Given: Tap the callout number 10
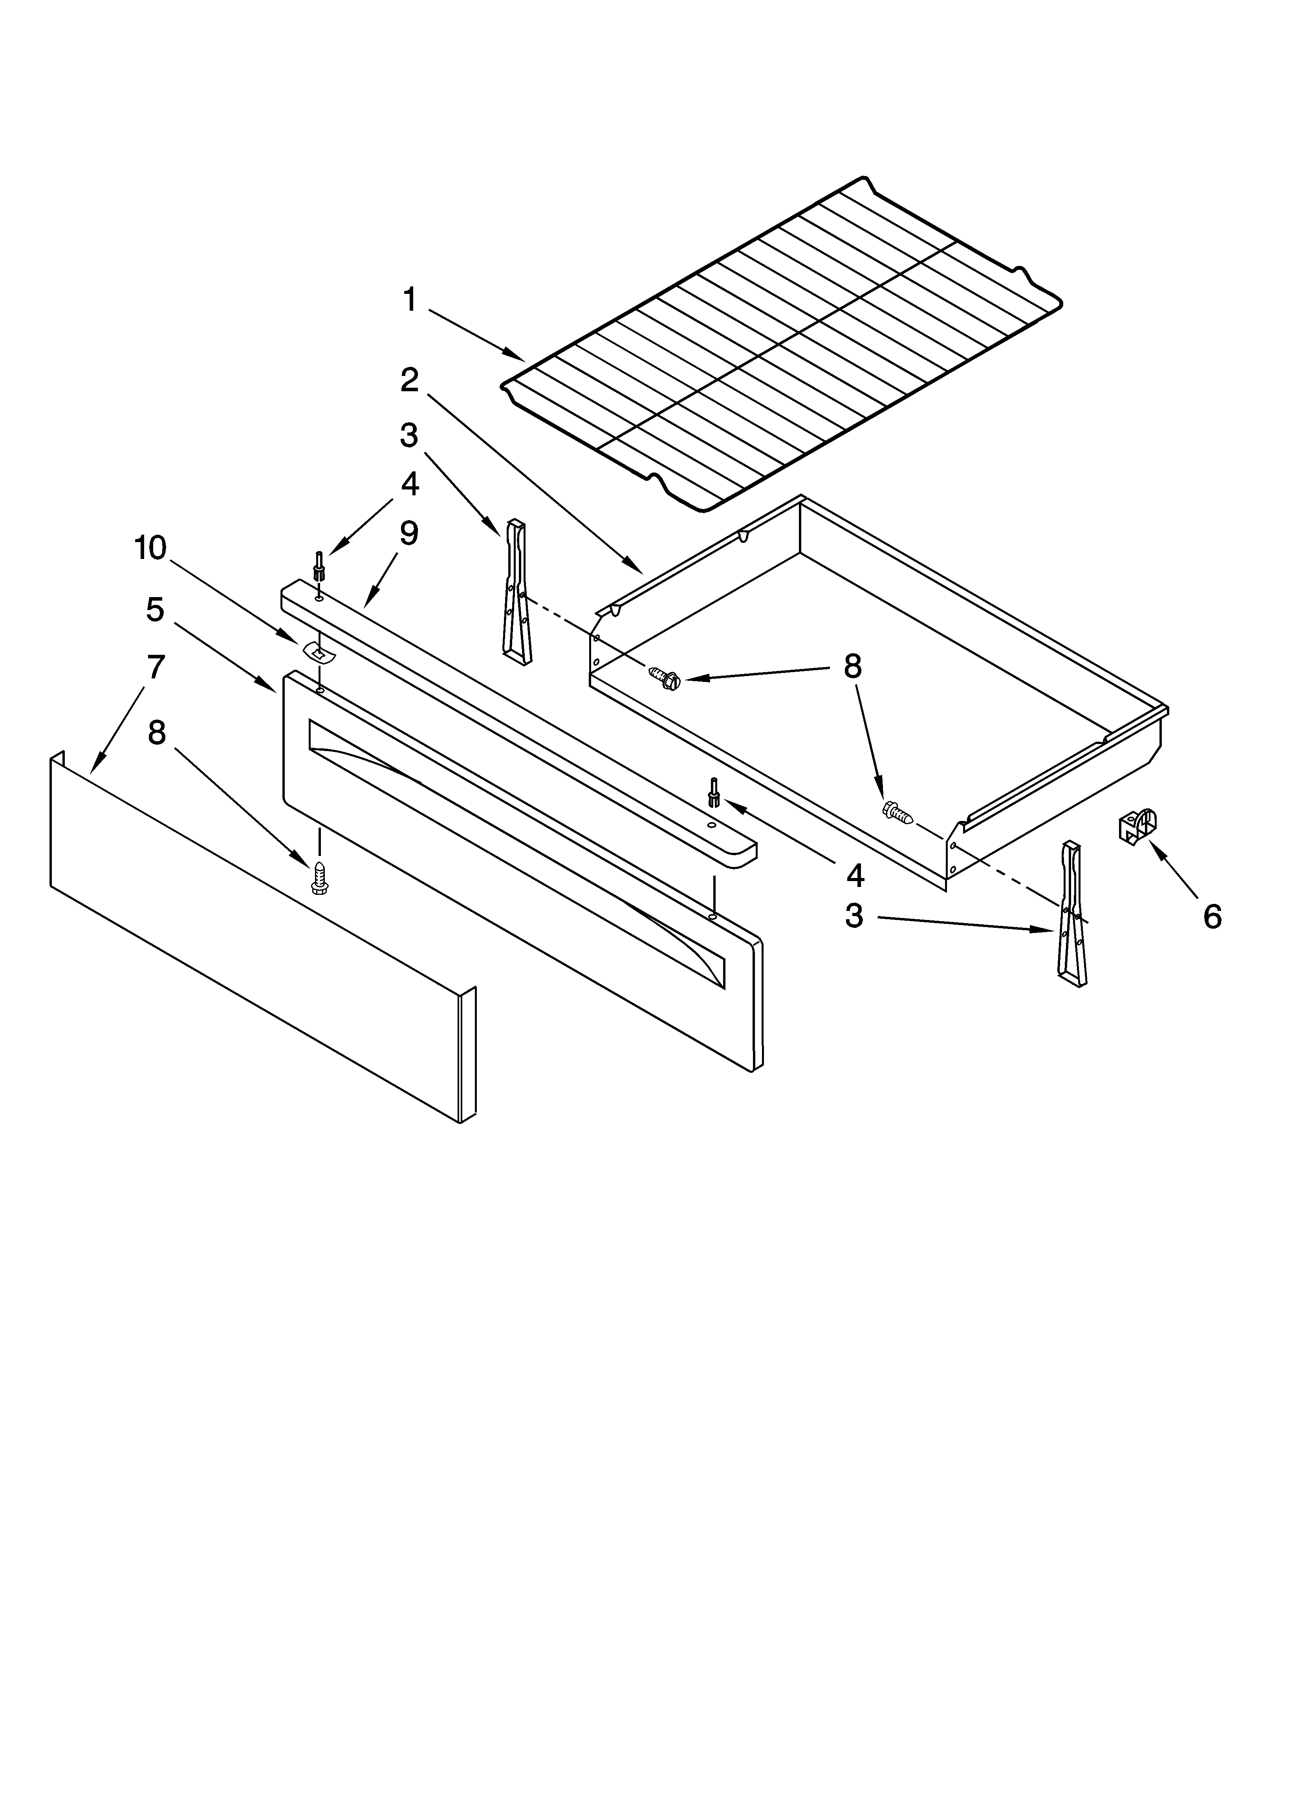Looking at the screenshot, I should pyautogui.click(x=150, y=548).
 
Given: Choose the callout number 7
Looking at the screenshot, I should pyautogui.click(x=156, y=666).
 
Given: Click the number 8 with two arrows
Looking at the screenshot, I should pyautogui.click(x=852, y=666).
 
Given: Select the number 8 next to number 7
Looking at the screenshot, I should pyautogui.click(x=157, y=733).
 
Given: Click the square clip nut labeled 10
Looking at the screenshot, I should pyautogui.click(x=319, y=652).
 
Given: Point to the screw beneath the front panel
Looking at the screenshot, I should pyautogui.click(x=319, y=877).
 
